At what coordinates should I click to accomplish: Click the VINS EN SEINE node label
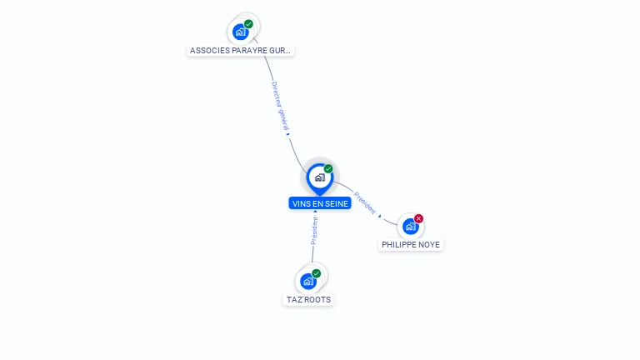click(x=320, y=203)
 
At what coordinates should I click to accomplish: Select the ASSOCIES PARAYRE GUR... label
click(x=241, y=50)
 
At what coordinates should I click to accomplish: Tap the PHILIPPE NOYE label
click(x=411, y=244)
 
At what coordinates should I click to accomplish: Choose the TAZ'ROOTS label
click(x=308, y=299)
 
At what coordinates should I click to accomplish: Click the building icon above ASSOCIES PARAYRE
click(x=241, y=32)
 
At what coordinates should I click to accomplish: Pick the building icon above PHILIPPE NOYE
click(x=410, y=226)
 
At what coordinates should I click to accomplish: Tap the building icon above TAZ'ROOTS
click(x=308, y=281)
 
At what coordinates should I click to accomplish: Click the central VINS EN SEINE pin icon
click(x=319, y=177)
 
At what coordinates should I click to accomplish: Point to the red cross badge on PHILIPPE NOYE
click(x=418, y=218)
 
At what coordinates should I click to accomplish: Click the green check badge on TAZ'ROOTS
click(x=317, y=273)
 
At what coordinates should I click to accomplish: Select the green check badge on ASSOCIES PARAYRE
click(x=249, y=24)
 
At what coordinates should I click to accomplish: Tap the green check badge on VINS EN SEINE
click(x=328, y=169)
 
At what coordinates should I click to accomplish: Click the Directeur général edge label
click(x=279, y=105)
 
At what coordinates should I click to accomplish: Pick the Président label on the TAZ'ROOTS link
click(x=314, y=230)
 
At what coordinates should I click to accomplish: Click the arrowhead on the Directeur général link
click(x=287, y=133)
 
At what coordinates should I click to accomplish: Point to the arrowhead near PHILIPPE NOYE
click(x=380, y=216)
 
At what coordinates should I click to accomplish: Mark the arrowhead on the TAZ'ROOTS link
click(x=303, y=212)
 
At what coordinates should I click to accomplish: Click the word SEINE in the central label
click(x=336, y=203)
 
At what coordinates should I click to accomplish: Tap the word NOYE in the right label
click(x=429, y=244)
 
